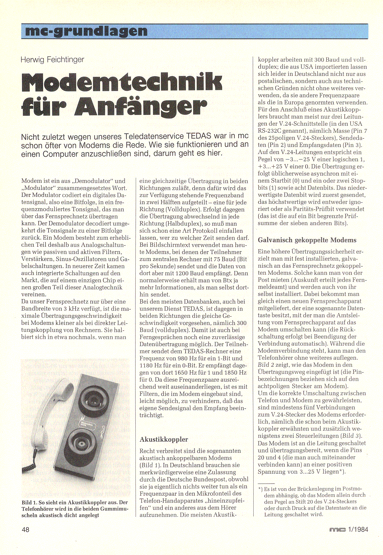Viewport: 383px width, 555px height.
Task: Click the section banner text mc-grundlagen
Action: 86,31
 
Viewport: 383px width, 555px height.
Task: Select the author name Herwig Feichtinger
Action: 52,60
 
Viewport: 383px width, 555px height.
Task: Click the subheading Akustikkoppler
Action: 164,439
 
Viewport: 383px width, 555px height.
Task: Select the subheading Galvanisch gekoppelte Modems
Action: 307,240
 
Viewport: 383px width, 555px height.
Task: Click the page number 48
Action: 25,529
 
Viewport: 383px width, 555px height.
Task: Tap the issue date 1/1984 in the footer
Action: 358,529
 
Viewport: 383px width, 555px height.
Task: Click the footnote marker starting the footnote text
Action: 260,489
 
